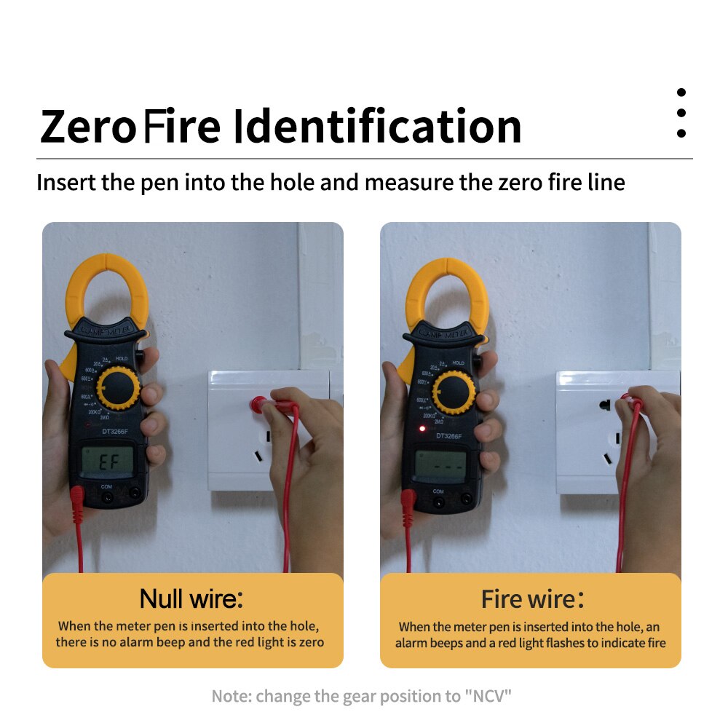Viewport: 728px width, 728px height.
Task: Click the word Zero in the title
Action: (x=88, y=126)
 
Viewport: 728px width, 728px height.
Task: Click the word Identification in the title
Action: (x=377, y=126)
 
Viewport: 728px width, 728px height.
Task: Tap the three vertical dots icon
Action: (x=681, y=113)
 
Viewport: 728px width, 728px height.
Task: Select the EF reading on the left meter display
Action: (x=107, y=461)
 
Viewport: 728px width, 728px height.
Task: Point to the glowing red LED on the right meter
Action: (x=422, y=428)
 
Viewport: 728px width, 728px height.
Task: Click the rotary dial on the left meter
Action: (x=117, y=388)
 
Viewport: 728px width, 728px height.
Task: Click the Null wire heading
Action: (x=191, y=599)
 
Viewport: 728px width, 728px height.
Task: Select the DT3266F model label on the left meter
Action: (x=111, y=432)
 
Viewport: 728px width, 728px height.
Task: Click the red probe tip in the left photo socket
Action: (x=258, y=403)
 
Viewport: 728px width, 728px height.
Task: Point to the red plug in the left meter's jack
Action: (x=76, y=499)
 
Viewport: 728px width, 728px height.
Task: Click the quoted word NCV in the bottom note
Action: (x=488, y=696)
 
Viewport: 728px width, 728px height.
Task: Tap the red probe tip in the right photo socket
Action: (x=626, y=398)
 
